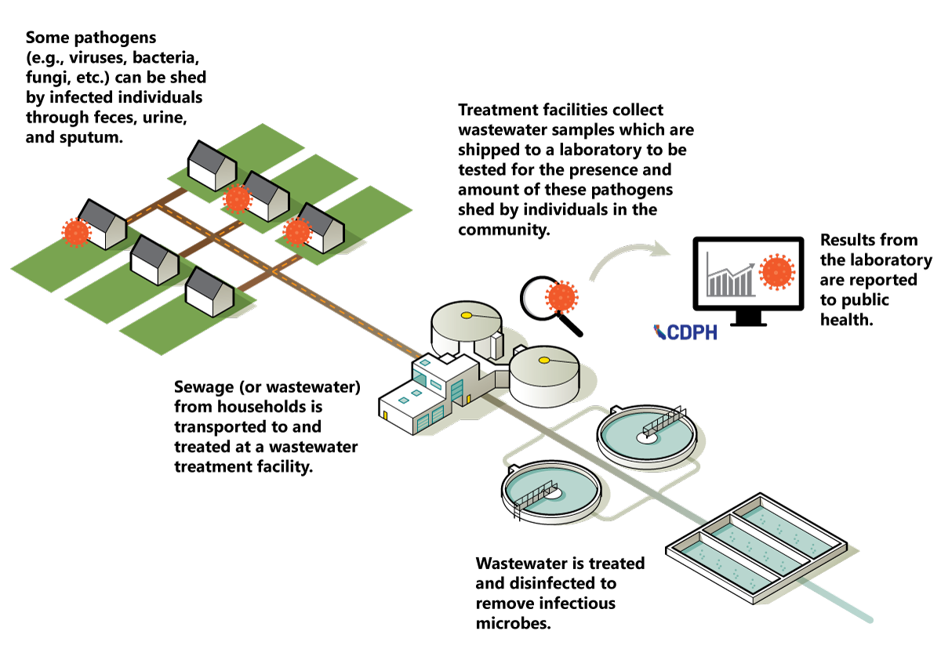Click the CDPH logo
[x=685, y=332]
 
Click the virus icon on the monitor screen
[x=777, y=271]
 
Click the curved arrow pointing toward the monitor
[x=627, y=259]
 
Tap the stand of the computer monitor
[x=746, y=318]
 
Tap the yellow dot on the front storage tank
[x=544, y=361]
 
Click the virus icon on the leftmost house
[x=76, y=233]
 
